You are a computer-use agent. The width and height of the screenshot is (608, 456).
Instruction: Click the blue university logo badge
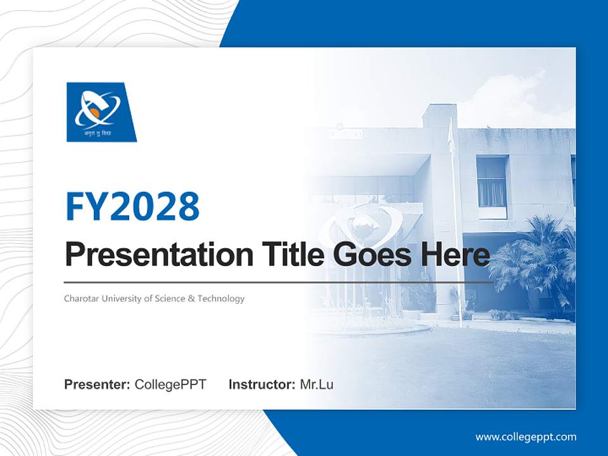coord(101,111)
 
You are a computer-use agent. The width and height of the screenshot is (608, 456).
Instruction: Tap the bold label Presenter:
coord(98,384)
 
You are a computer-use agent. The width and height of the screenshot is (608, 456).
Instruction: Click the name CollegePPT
coord(170,384)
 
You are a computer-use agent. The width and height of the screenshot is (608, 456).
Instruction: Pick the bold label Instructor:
coord(262,384)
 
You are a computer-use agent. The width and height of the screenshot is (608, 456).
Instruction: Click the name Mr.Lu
coord(316,384)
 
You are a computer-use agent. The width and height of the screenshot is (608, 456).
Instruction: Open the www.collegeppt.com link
coord(526,437)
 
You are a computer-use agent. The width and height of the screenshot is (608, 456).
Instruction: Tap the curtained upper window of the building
coord(491,182)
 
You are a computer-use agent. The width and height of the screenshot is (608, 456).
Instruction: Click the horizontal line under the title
coord(279,282)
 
